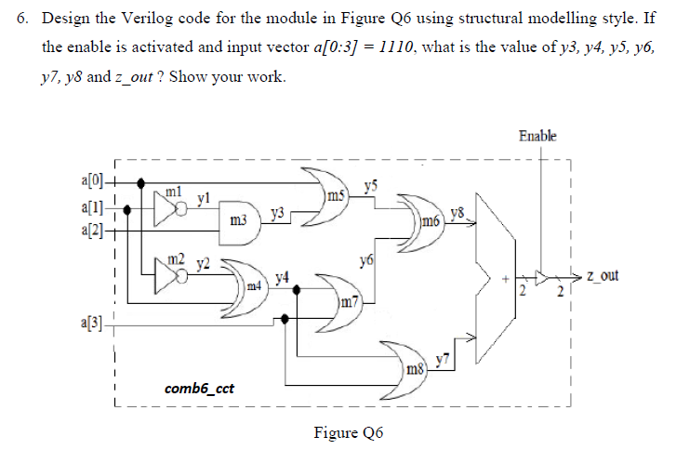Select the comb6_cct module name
197,387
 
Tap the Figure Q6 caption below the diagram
351,432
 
